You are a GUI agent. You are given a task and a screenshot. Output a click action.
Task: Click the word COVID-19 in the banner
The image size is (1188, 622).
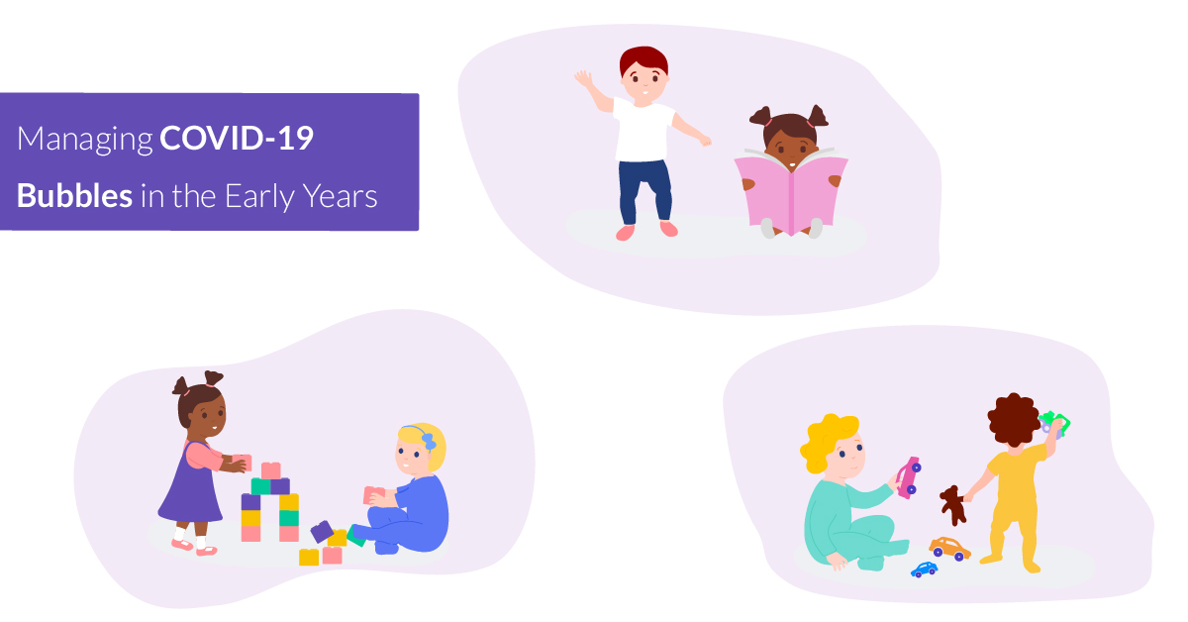237,140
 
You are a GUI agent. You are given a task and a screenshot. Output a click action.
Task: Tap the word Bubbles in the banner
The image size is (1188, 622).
74,195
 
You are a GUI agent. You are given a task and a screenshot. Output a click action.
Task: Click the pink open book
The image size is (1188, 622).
790,192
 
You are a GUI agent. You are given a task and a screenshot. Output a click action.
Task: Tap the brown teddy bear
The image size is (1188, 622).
953,504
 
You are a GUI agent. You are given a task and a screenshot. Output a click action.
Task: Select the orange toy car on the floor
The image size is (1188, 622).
949,548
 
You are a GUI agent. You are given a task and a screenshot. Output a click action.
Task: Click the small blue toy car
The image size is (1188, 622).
925,570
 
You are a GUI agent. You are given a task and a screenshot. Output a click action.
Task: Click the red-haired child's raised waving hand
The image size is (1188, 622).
583,78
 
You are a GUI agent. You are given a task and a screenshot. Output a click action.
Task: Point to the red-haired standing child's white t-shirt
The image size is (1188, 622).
644,130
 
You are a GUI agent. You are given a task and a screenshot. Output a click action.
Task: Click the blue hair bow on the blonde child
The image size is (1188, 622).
428,439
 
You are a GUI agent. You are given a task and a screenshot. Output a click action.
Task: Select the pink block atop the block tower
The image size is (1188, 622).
270,469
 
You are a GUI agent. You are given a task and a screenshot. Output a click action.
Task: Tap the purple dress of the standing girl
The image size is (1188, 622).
191,485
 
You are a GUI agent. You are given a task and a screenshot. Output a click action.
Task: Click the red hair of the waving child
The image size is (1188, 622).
643,61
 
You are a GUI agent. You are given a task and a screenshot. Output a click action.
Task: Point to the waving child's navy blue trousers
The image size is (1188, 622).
644,188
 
